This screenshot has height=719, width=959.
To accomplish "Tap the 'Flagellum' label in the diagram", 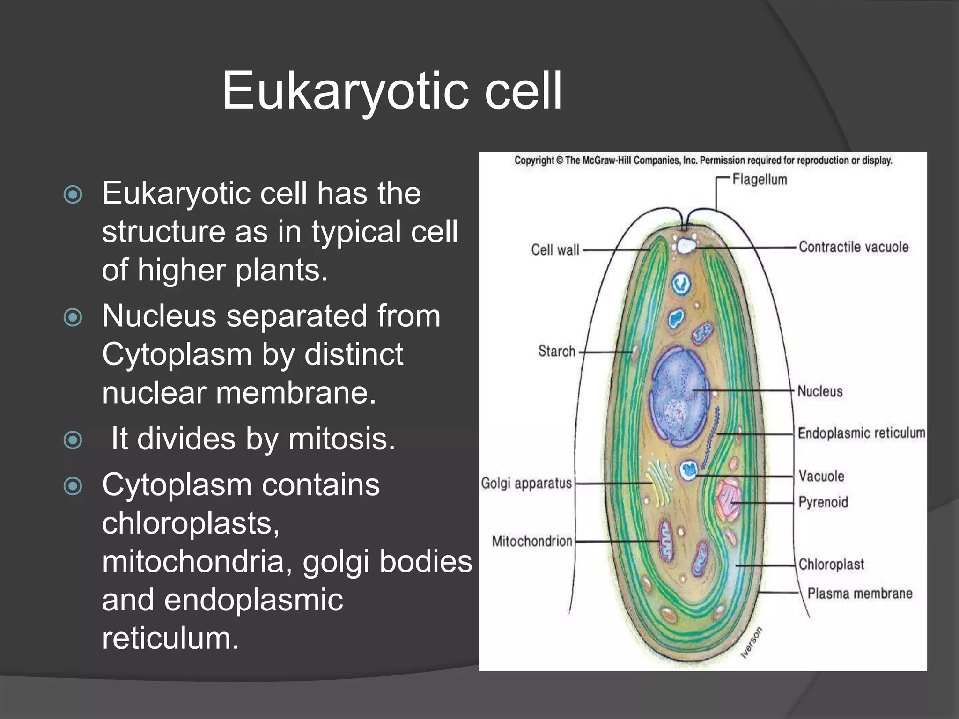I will [760, 180].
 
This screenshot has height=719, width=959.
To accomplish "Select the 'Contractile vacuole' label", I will [853, 247].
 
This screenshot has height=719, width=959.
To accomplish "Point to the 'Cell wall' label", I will [555, 250].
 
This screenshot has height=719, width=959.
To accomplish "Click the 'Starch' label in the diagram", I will [557, 351].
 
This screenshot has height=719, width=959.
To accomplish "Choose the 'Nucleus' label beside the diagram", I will [820, 391].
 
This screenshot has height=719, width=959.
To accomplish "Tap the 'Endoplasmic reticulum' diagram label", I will [861, 433].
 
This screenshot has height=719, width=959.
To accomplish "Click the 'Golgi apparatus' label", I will [526, 483].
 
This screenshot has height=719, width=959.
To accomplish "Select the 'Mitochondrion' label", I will [532, 542].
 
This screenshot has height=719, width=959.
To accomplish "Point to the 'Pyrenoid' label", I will [823, 502].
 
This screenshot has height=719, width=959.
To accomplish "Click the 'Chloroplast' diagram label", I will [831, 565].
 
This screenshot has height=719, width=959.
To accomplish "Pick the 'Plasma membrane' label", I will [860, 594].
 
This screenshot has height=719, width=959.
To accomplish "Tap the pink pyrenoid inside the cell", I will [729, 500].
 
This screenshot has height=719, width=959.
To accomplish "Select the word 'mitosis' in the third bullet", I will [342, 439].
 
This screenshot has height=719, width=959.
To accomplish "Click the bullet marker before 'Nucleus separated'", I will [73, 318].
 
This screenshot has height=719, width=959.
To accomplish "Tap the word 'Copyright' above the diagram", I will [534, 161].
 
